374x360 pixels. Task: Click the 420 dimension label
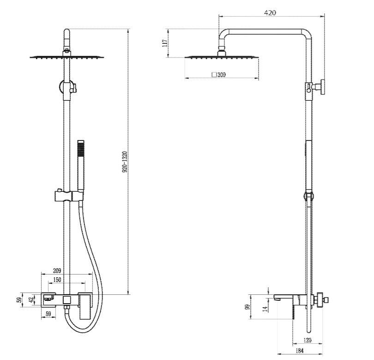point(270,12)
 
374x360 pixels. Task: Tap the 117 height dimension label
point(165,43)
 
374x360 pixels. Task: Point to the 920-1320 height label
point(125,162)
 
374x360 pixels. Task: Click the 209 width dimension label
point(57,270)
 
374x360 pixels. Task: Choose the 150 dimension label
point(57,280)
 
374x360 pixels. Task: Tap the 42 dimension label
point(31,299)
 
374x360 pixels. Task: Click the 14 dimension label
point(265,309)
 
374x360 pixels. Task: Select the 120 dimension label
point(308,340)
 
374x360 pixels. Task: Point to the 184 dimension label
point(299,350)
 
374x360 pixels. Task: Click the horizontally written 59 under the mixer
point(48,314)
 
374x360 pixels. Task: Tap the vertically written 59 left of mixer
point(20,299)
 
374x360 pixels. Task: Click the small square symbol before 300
point(214,74)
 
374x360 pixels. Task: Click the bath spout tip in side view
point(276,298)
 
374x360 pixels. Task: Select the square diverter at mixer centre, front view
point(67,300)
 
